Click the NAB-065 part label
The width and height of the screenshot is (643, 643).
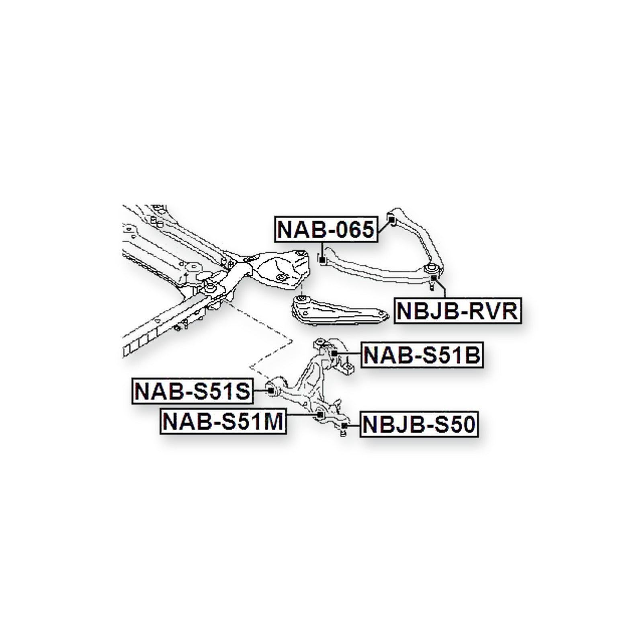point(326,229)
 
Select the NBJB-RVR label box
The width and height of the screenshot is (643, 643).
point(457,310)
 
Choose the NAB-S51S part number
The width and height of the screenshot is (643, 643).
point(192,391)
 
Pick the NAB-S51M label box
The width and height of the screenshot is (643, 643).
point(223,422)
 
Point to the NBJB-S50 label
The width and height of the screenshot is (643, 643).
point(419,424)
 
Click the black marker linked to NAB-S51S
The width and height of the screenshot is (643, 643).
point(271,391)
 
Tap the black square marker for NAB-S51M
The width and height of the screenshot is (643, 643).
point(320,415)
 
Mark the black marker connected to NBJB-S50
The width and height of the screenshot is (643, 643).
point(344,426)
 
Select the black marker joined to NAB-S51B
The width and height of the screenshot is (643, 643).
point(334,353)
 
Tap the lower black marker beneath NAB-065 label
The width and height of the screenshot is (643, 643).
point(321,261)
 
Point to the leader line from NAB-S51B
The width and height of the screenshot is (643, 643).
point(349,354)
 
